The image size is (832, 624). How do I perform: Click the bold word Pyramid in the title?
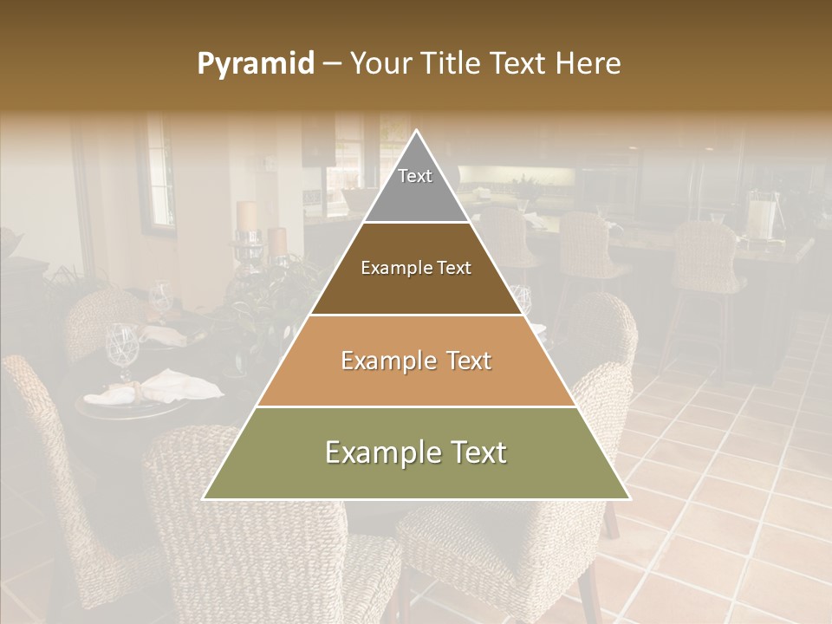pyautogui.click(x=256, y=64)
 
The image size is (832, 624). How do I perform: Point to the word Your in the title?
pyautogui.click(x=381, y=64)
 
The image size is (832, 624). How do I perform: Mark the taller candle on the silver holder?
pyautogui.click(x=247, y=216)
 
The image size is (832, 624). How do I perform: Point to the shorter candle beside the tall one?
pyautogui.click(x=277, y=241)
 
